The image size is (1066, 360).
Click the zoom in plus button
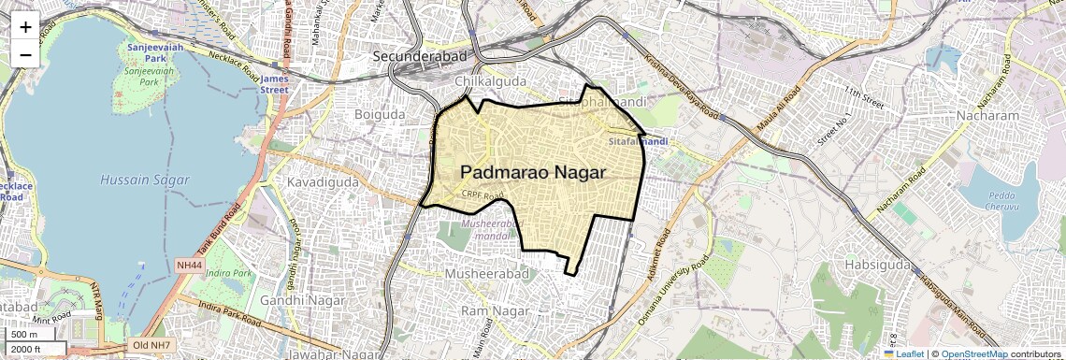coord(25,26)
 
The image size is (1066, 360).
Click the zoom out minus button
coord(25,54)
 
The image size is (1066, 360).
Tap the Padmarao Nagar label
coord(533,172)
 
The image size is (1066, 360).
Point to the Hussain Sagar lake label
coord(145,179)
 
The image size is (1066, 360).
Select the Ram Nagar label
coord(489,310)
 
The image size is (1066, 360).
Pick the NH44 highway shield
coord(189,266)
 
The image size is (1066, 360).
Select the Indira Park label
coord(229,273)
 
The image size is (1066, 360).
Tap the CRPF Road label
coord(483,195)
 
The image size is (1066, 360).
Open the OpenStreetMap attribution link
coord(974,353)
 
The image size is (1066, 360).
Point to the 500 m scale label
coord(25,334)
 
